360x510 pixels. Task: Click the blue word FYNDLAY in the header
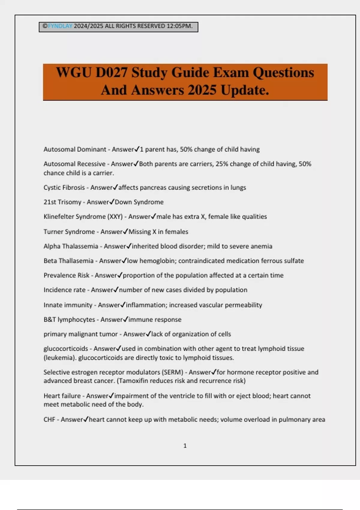point(60,26)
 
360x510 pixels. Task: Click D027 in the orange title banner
point(112,73)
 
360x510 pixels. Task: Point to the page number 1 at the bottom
point(185,446)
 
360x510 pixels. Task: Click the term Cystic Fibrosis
point(64,187)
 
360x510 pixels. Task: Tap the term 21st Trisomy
point(62,202)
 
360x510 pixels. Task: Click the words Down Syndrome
point(139,202)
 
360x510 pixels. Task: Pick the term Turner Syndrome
point(69,232)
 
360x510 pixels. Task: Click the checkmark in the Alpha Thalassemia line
point(129,246)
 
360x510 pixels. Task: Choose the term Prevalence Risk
point(67,275)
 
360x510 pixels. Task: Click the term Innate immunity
point(68,305)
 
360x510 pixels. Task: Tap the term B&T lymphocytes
point(69,319)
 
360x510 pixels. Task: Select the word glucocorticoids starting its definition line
point(66,349)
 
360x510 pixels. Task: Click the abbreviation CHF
point(49,419)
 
